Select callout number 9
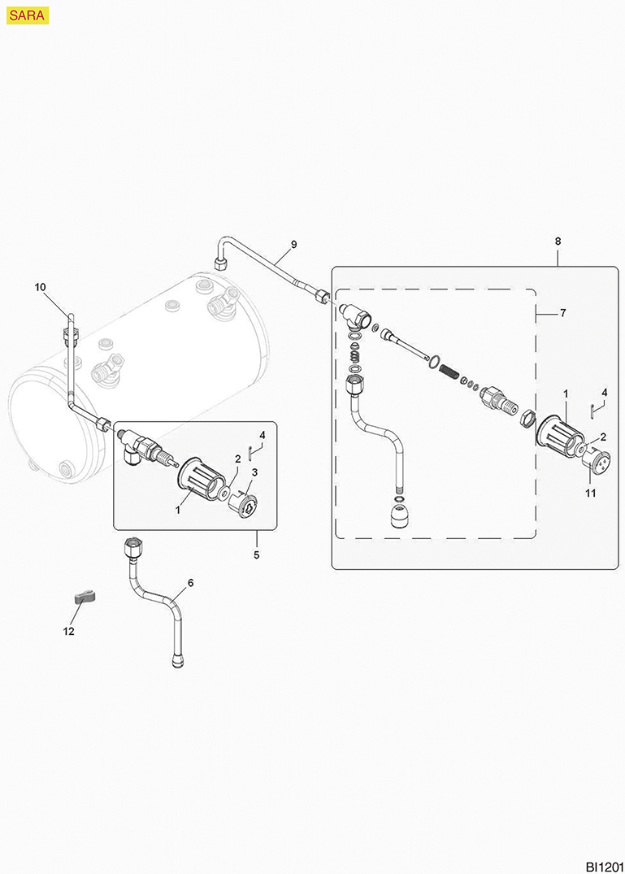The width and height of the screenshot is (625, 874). (x=293, y=244)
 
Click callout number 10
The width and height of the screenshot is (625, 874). (x=41, y=286)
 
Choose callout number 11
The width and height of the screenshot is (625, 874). (x=591, y=493)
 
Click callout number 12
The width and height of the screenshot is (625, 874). (x=68, y=631)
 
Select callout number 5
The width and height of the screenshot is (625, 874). (x=256, y=555)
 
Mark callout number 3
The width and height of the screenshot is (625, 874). (x=254, y=472)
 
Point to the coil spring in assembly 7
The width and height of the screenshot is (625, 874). (x=448, y=372)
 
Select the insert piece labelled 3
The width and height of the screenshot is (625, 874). (x=244, y=501)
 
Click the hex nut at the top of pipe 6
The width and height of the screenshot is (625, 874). (x=132, y=544)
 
